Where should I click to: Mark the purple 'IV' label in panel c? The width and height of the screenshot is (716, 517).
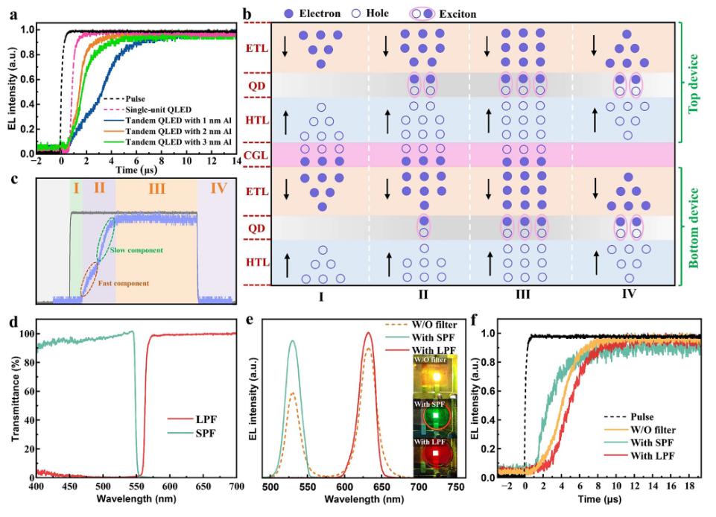click(218, 188)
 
